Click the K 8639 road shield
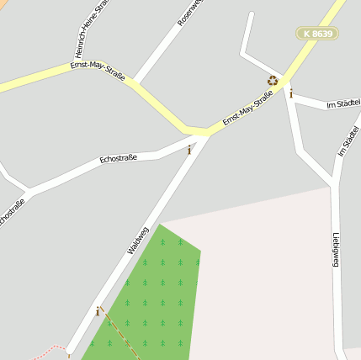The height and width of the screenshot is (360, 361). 318,34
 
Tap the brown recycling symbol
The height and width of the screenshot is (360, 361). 273,81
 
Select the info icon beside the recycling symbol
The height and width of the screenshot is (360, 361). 291,94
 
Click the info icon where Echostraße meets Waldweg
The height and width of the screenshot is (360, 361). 189,150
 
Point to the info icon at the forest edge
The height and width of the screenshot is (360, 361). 98,311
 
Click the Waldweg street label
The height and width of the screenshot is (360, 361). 138,241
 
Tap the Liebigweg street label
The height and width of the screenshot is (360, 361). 336,250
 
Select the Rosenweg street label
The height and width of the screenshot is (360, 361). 190,11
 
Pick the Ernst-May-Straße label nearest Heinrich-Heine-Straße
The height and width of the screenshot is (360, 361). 97,70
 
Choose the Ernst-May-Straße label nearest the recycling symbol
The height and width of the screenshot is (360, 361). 247,110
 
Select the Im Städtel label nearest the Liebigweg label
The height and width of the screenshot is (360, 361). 348,140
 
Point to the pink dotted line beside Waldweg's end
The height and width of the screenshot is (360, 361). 52,348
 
